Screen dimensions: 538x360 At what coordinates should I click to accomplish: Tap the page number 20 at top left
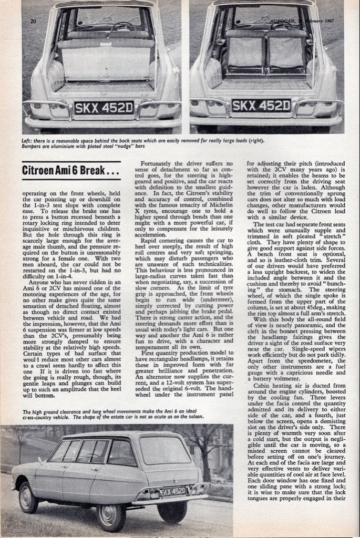(33, 22)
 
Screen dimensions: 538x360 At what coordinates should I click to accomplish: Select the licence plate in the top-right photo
(261, 106)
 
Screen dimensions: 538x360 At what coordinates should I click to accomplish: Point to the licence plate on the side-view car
(172, 492)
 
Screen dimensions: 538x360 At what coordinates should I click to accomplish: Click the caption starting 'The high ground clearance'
(114, 415)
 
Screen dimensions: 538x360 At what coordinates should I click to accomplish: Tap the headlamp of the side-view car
(19, 479)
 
